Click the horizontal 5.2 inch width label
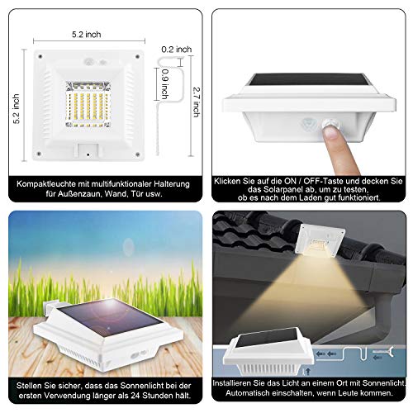[x=87, y=35]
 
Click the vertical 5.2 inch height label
[x=17, y=109]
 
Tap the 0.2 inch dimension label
[x=177, y=50]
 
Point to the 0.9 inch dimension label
[x=164, y=83]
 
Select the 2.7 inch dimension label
[x=197, y=102]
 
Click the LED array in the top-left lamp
[x=88, y=104]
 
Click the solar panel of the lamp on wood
[x=110, y=316]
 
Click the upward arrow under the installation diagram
[x=308, y=371]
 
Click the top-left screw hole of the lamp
[x=40, y=56]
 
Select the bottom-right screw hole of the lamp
[x=138, y=154]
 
